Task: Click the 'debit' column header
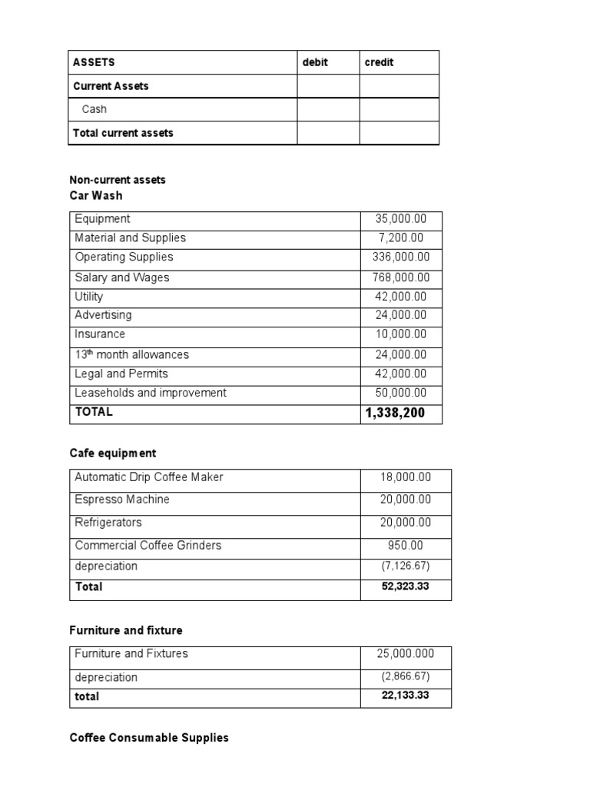tap(315, 62)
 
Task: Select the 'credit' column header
tap(379, 62)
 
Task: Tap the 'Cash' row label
tap(94, 109)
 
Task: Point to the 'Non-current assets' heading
tap(118, 180)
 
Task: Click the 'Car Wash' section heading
tap(96, 195)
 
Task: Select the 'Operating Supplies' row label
tap(124, 257)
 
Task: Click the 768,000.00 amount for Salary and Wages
tap(401, 277)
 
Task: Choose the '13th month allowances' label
tap(131, 354)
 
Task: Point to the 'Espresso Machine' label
tap(122, 500)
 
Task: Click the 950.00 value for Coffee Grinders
tap(406, 546)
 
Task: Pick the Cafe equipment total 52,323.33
tap(406, 587)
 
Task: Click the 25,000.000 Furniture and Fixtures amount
tap(406, 654)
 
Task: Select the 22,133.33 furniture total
tap(406, 697)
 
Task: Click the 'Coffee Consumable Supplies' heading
tap(149, 738)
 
